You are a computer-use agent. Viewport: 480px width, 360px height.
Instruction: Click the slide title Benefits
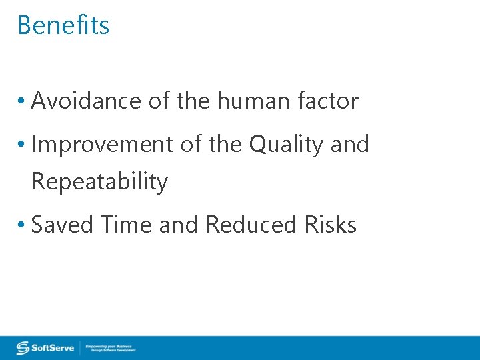(63, 25)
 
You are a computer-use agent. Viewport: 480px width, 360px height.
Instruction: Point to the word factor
(329, 101)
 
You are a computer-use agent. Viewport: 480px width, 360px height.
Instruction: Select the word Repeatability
(99, 181)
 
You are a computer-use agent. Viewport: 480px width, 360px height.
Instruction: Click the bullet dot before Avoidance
(22, 102)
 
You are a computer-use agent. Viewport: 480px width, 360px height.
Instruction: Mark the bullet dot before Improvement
(22, 145)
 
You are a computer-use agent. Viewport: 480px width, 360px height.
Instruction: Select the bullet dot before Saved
(22, 225)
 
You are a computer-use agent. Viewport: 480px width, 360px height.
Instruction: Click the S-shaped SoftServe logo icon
(23, 348)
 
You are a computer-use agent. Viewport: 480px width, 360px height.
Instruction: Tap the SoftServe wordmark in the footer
(55, 348)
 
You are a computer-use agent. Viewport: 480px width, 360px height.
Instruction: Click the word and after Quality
(349, 144)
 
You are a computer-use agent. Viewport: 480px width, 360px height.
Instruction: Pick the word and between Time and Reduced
(179, 225)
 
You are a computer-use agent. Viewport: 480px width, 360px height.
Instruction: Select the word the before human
(194, 101)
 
